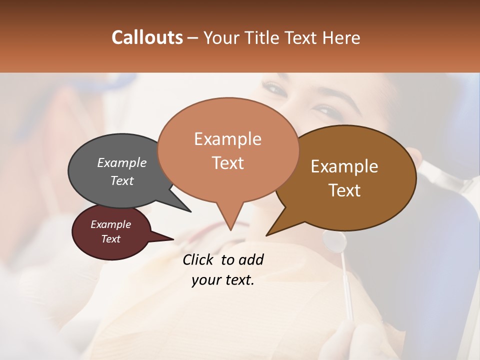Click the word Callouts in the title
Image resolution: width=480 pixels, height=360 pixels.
[x=147, y=38]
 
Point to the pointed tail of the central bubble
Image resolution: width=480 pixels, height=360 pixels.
[x=230, y=222]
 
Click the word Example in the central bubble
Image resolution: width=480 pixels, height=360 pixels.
[x=227, y=139]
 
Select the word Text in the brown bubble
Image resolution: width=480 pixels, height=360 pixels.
[x=345, y=190]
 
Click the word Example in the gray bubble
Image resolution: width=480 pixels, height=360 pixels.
[x=121, y=162]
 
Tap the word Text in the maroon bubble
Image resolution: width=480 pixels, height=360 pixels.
[x=110, y=239]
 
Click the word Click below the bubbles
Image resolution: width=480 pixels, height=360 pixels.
[x=198, y=259]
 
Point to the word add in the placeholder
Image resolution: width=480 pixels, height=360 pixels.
[x=250, y=259]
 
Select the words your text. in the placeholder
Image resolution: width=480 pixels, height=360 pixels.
[x=222, y=280]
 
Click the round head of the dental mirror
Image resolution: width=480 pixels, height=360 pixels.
[x=334, y=242]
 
